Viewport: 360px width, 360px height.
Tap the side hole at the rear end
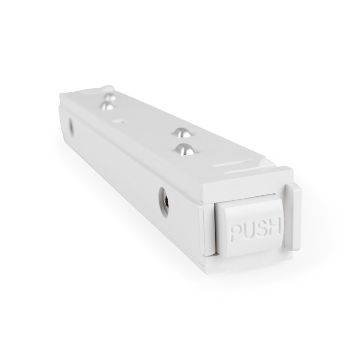pos(71,126)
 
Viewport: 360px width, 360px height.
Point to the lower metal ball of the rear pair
pos(107,106)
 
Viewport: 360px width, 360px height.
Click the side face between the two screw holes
pos(117,162)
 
